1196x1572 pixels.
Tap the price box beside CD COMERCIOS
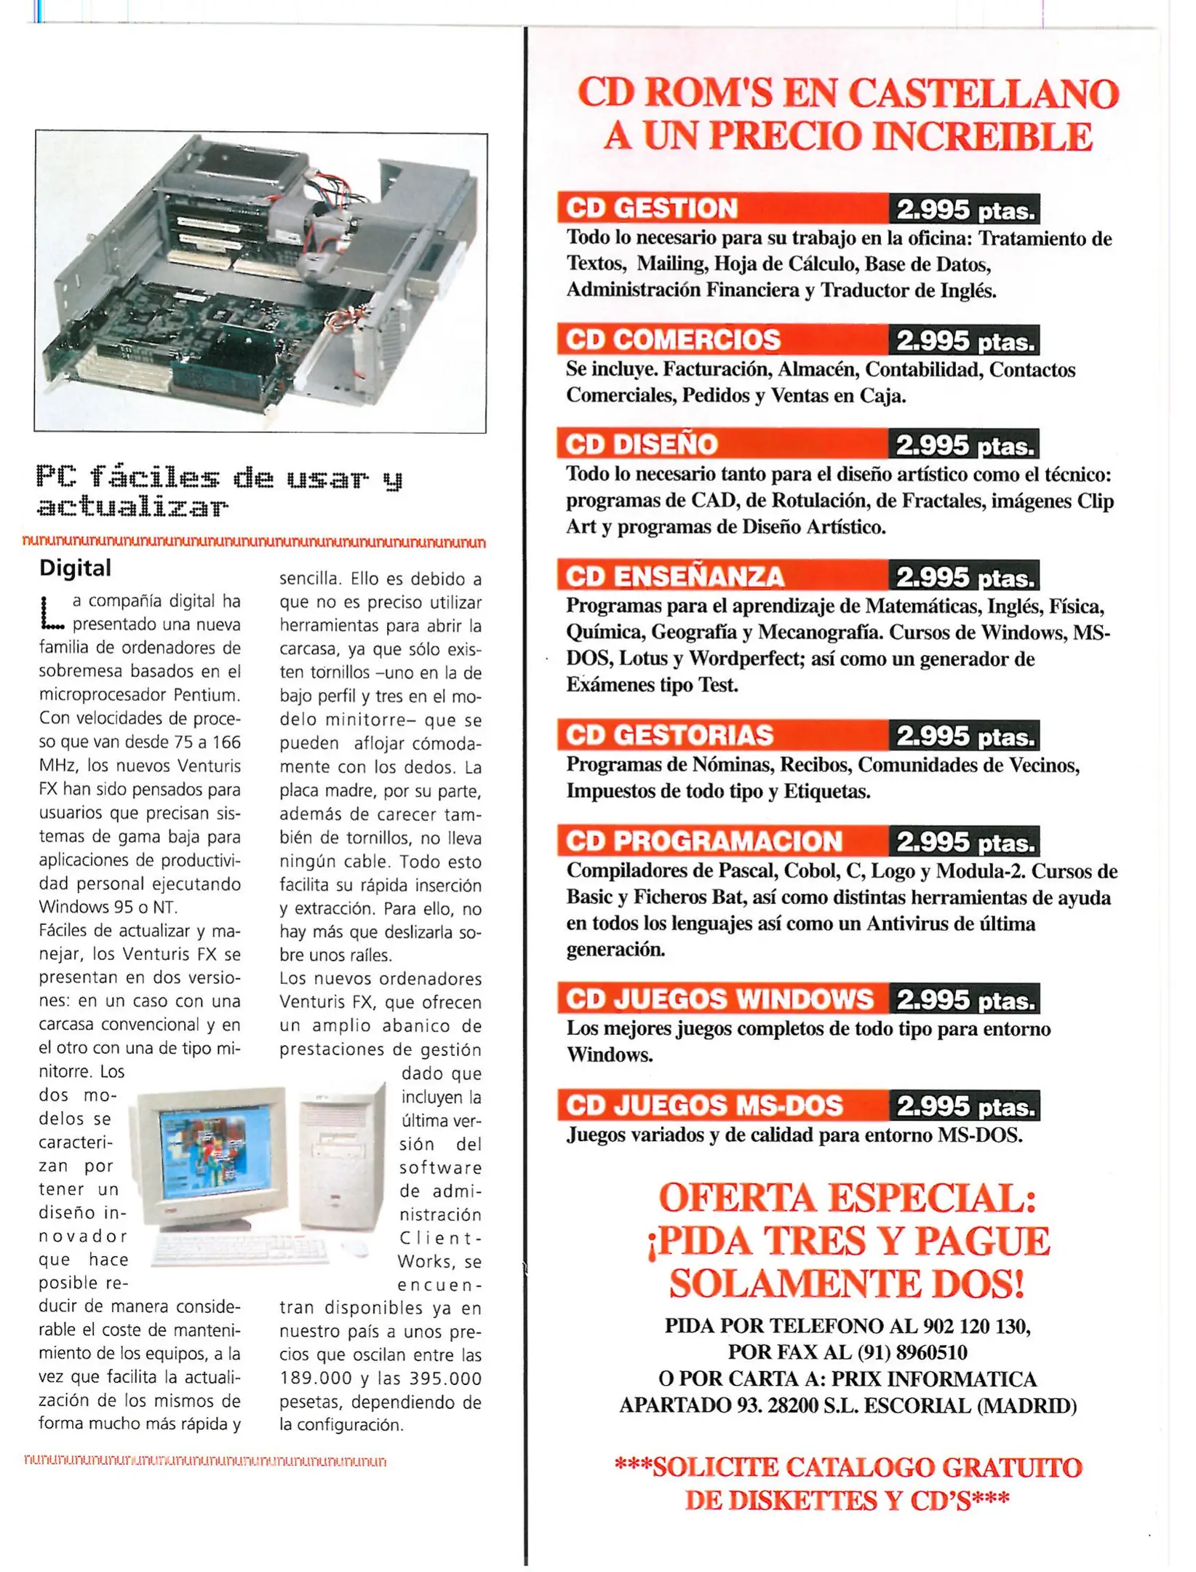[x=963, y=341]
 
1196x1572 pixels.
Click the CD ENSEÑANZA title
[x=674, y=576]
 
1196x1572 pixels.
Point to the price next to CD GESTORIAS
[x=963, y=737]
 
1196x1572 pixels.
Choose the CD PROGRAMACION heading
[x=703, y=841]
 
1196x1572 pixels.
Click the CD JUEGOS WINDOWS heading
[x=719, y=999]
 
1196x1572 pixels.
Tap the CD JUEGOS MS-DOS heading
[x=703, y=1105]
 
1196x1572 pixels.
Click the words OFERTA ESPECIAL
[x=848, y=1199]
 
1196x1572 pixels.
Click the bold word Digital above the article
[x=75, y=568]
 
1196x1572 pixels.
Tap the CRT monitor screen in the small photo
[x=214, y=1151]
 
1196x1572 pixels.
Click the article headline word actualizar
[x=132, y=507]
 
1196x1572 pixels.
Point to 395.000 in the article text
[x=445, y=1378]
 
